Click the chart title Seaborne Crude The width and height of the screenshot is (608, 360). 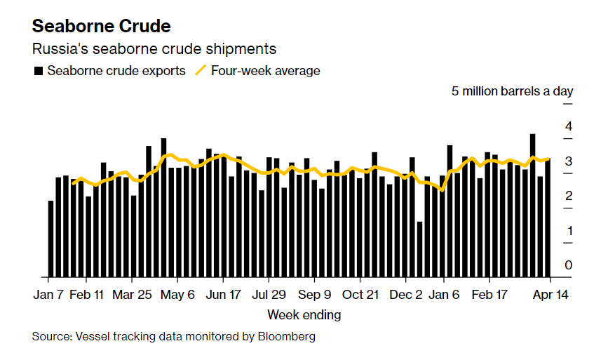pyautogui.click(x=102, y=27)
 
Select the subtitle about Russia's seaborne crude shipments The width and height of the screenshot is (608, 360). pyautogui.click(x=154, y=49)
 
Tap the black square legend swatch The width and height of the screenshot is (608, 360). pyautogui.click(x=38, y=71)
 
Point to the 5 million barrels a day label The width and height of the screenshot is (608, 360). pyautogui.click(x=512, y=91)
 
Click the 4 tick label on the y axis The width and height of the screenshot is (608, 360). pyautogui.click(x=569, y=126)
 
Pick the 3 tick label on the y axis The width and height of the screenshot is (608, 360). pyautogui.click(x=569, y=161)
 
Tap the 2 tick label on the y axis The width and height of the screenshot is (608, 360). pyautogui.click(x=569, y=196)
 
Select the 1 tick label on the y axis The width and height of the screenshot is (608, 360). pyautogui.click(x=569, y=231)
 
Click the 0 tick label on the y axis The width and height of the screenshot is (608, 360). pyautogui.click(x=569, y=265)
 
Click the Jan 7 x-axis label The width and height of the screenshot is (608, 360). pyautogui.click(x=49, y=295)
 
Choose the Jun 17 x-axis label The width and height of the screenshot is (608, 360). pyautogui.click(x=224, y=295)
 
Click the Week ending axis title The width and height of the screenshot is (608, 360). pyautogui.click(x=304, y=315)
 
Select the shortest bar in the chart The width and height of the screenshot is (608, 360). pyautogui.click(x=419, y=249)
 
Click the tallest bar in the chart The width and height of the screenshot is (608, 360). pyautogui.click(x=532, y=205)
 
